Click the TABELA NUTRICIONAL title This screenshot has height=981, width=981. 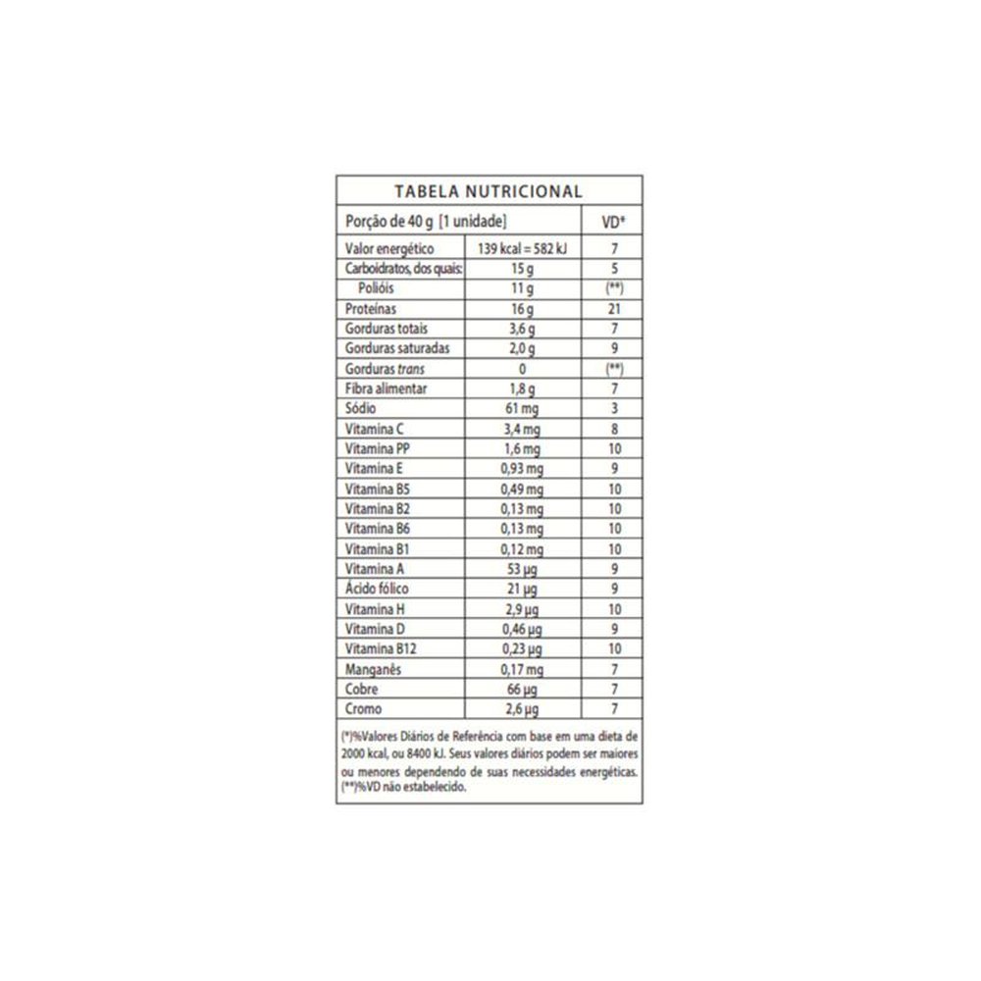(x=489, y=191)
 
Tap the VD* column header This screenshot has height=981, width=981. (x=613, y=221)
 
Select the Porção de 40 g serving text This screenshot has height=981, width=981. (x=425, y=221)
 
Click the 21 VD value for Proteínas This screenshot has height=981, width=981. (x=613, y=308)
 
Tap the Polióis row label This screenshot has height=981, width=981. (x=377, y=288)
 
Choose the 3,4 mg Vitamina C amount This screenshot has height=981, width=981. (x=521, y=429)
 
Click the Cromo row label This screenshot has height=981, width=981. (x=364, y=708)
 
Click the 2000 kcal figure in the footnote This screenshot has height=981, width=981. (x=365, y=753)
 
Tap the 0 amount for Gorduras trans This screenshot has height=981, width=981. (x=521, y=369)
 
